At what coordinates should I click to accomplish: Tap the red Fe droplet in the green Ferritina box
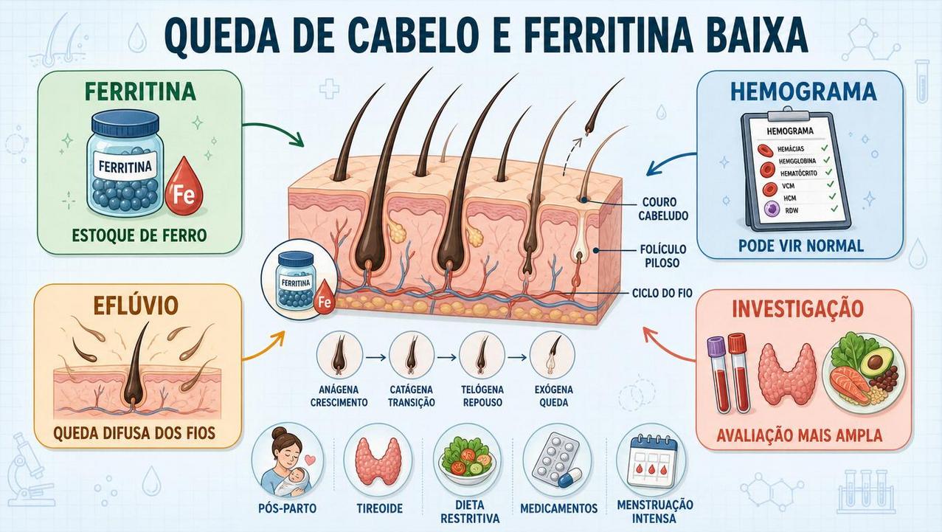tap(184, 187)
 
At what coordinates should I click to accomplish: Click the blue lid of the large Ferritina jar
tap(125, 122)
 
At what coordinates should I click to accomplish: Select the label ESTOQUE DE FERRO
tap(139, 235)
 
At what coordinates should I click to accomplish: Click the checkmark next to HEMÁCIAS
tap(824, 148)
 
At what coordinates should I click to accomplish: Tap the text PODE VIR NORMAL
tap(801, 246)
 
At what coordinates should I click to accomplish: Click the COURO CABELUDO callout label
tap(663, 209)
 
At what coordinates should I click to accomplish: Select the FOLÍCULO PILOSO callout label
tap(662, 256)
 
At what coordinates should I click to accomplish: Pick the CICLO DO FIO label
tap(662, 293)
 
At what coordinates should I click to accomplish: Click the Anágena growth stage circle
tap(339, 356)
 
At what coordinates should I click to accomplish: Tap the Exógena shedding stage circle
tap(553, 356)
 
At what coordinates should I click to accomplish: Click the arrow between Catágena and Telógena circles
tap(446, 358)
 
